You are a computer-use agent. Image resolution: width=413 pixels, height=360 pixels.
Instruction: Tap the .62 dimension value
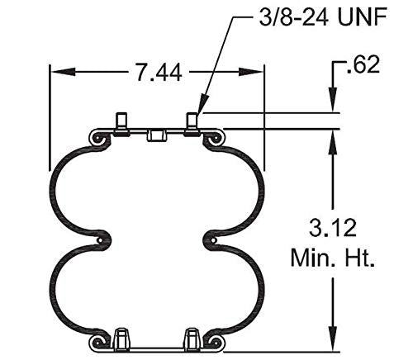364,64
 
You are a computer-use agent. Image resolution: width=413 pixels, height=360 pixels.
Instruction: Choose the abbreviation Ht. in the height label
358,258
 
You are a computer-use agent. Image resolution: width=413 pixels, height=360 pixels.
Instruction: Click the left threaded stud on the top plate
121,122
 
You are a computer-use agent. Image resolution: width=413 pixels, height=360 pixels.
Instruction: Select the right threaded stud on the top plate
192,122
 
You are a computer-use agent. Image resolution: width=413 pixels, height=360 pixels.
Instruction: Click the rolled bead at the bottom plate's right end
218,341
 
